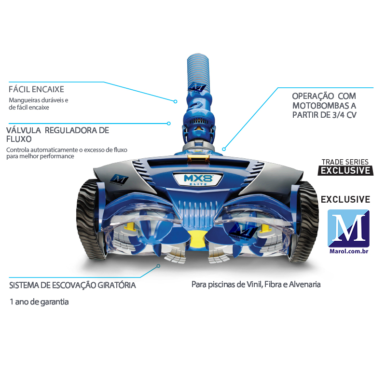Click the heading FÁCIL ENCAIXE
tap(37, 89)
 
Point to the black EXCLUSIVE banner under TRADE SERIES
tap(346, 170)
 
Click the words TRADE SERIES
tap(345, 162)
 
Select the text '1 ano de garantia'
tap(39, 303)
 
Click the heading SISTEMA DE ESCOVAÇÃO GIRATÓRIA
tap(72, 285)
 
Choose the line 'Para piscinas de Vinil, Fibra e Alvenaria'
tap(256, 284)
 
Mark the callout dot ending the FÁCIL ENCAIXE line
tap(177, 101)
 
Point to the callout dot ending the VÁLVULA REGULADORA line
tap(168, 124)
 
